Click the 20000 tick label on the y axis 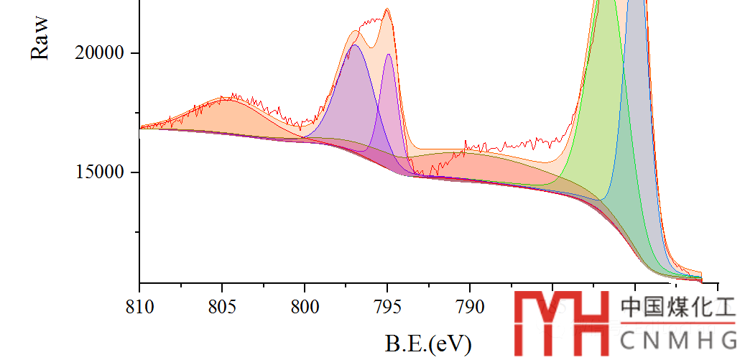(99, 53)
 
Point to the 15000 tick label (99, 172)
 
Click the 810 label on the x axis (139, 308)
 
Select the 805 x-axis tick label (222, 308)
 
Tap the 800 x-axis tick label (305, 308)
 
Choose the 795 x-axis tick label (387, 308)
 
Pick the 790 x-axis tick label (470, 308)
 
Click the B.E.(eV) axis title (428, 343)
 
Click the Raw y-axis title (40, 40)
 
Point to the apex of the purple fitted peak (353, 45)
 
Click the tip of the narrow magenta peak (389, 55)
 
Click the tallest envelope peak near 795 (387, 9)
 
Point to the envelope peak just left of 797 (357, 31)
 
